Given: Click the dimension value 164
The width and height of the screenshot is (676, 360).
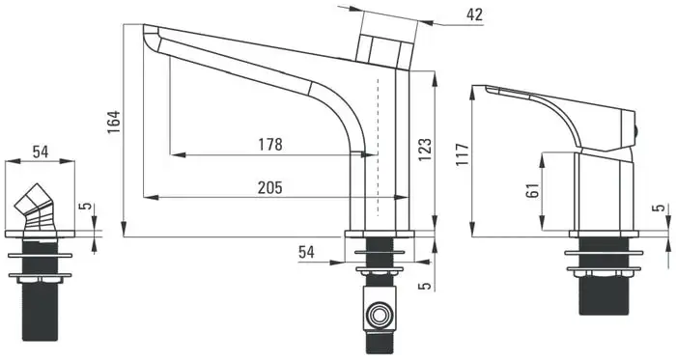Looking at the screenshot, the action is (x=114, y=123).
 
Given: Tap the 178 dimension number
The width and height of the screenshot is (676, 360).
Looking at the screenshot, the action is (x=270, y=144).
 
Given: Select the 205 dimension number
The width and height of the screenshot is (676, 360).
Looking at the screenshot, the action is (x=269, y=188).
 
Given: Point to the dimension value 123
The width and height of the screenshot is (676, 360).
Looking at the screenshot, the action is (x=425, y=150).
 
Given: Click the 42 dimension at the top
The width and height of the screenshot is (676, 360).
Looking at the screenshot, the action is (x=475, y=14).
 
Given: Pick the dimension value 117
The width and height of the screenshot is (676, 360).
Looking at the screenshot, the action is (x=462, y=155).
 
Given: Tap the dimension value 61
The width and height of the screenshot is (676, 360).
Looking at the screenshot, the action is (x=533, y=190).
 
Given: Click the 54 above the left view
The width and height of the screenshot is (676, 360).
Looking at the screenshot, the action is (x=41, y=152).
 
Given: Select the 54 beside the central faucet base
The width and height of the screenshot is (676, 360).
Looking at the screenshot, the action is (x=306, y=252).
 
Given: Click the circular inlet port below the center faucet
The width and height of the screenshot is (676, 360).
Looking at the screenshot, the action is (x=380, y=316).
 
